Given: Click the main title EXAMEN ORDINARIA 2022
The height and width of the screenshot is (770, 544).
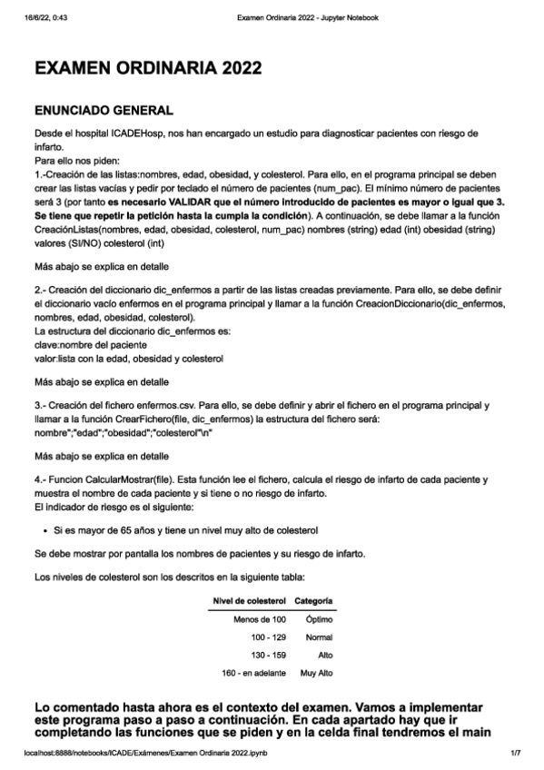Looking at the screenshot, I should click(148, 68).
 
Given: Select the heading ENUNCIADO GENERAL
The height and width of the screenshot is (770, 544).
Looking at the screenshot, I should click(103, 111).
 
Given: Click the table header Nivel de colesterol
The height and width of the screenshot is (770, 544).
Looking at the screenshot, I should click(250, 601).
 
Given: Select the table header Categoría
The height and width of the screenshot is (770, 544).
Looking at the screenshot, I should click(313, 601).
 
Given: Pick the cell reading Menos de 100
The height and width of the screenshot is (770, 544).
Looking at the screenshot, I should click(260, 619).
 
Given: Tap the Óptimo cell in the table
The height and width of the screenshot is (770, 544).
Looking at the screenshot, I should click(319, 619).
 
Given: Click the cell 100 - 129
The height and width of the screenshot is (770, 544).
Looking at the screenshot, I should click(268, 637).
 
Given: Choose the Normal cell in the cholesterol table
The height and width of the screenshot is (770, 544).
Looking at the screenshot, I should click(319, 637).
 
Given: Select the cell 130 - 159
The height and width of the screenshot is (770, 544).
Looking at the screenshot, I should click(268, 655).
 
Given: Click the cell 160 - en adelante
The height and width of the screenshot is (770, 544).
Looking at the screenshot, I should click(254, 673).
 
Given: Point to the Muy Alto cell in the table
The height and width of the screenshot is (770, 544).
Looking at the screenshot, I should click(316, 673).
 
